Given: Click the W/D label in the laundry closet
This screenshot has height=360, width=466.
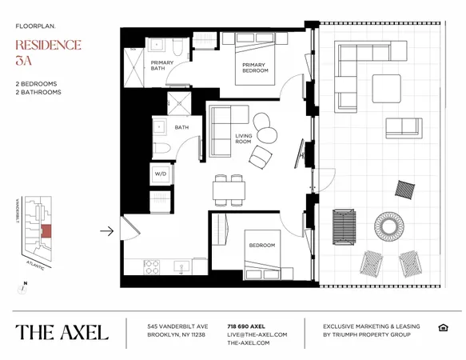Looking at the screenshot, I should [160, 173].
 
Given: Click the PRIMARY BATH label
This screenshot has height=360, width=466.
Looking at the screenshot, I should [162, 66].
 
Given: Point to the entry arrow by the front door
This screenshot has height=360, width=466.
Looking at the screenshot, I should [106, 231].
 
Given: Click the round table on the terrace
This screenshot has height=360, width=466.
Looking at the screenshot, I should [391, 226].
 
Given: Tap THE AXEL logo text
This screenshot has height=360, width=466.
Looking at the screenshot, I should [62, 332].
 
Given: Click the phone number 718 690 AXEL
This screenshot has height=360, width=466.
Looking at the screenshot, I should [246, 326].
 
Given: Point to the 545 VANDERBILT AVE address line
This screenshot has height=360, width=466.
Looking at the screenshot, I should [177, 326].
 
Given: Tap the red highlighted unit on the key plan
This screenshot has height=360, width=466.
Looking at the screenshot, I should [46, 231].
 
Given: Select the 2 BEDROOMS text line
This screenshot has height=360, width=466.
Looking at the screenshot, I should [34, 83].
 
